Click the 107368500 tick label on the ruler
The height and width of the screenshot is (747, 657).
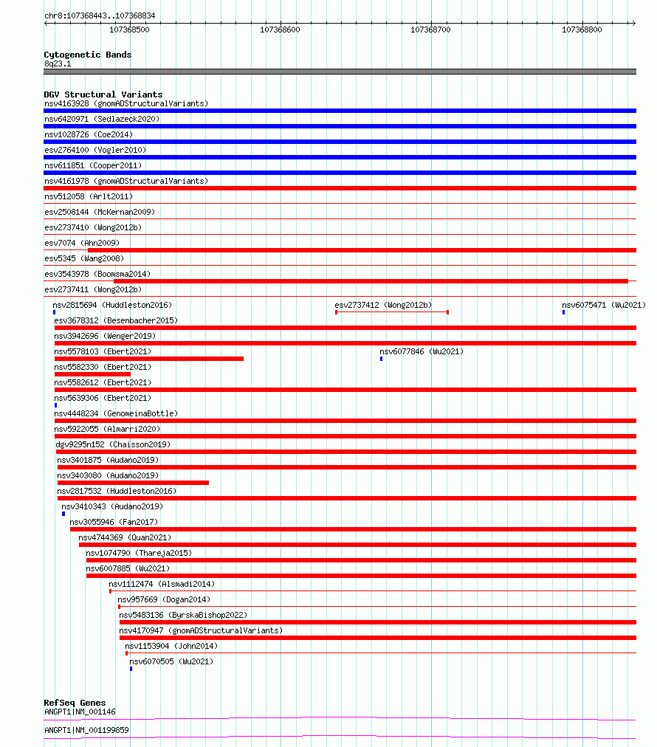[129, 30]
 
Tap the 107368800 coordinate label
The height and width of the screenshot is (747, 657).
[582, 30]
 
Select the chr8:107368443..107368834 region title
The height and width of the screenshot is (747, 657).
[100, 16]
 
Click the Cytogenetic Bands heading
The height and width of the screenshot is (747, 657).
[87, 55]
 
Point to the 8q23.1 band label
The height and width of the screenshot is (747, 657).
[58, 63]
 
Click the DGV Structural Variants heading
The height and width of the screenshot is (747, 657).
[103, 94]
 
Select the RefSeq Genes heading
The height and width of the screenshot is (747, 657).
[75, 703]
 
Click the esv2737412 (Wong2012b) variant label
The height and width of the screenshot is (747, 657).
[383, 305]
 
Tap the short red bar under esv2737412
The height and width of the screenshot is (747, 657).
[392, 312]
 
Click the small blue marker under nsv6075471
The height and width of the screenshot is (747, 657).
[563, 312]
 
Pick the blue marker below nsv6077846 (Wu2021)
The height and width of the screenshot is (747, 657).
[381, 359]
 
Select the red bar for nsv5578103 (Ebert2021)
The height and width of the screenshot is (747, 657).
[148, 359]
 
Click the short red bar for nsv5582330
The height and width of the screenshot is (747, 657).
[92, 374]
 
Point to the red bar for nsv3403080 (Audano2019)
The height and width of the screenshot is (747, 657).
[133, 483]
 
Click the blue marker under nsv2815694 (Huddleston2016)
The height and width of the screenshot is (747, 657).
[54, 312]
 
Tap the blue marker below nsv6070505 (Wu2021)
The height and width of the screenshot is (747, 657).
[131, 669]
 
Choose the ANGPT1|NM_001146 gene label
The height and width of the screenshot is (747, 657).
[80, 712]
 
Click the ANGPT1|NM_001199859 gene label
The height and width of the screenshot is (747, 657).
[86, 729]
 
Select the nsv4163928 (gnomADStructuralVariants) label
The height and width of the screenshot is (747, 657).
[125, 103]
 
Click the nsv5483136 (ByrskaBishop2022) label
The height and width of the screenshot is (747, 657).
[182, 615]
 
